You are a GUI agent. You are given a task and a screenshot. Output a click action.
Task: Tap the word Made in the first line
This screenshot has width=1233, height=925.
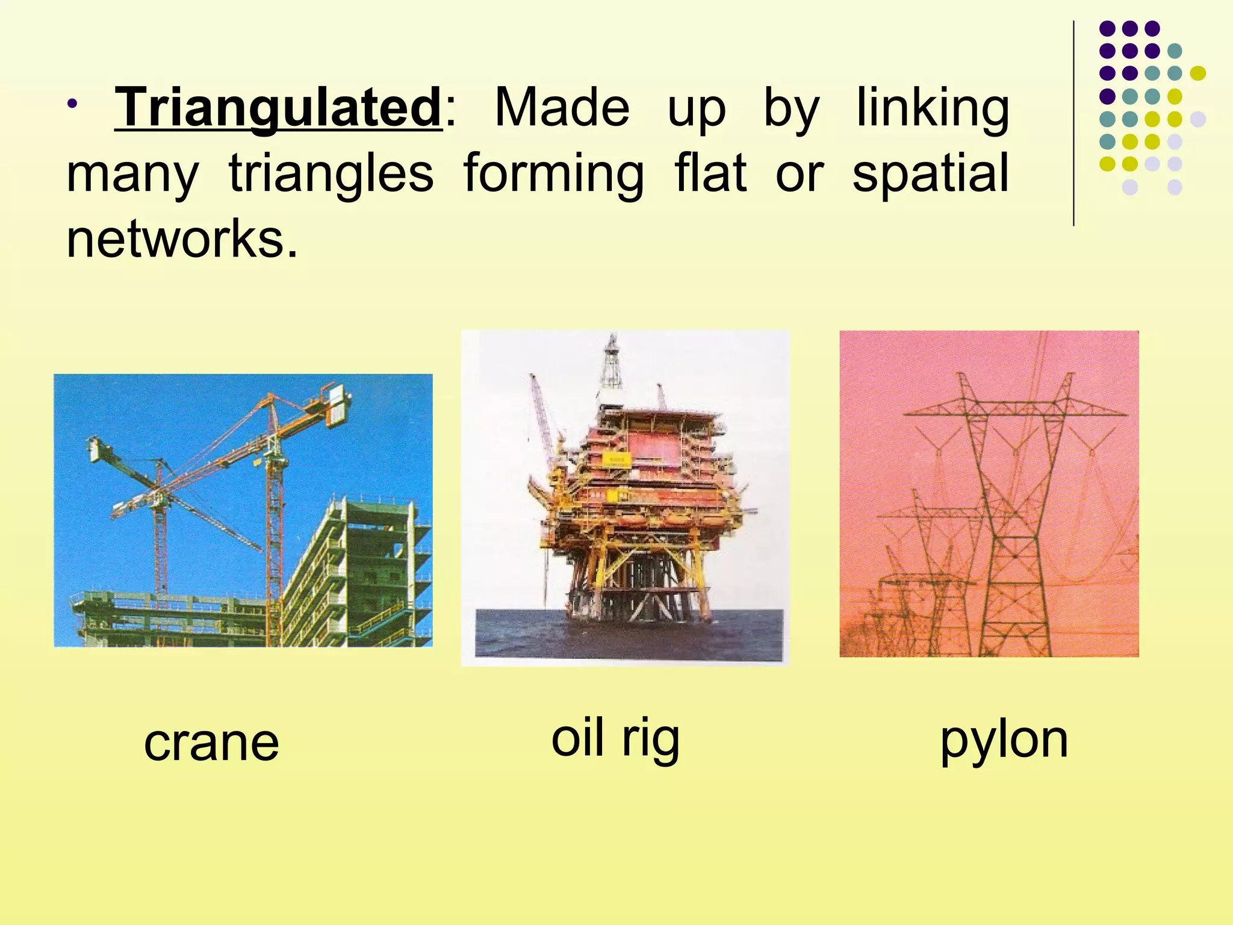pyautogui.click(x=561, y=108)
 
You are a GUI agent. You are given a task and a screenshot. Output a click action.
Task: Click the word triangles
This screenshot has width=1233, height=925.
pyautogui.click(x=331, y=174)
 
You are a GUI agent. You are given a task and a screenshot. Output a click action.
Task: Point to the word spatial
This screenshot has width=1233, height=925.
pyautogui.click(x=930, y=174)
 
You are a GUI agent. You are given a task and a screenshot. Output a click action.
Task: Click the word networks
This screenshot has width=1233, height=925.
pyautogui.click(x=181, y=239)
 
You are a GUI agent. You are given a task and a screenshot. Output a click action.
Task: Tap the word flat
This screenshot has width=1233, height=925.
pyautogui.click(x=710, y=173)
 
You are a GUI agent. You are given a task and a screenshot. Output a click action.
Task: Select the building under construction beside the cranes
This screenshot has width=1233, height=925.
pyautogui.click(x=361, y=572)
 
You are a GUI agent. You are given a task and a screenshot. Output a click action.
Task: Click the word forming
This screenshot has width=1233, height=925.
pyautogui.click(x=553, y=174)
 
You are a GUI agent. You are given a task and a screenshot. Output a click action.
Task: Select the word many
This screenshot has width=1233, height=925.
pyautogui.click(x=132, y=174)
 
